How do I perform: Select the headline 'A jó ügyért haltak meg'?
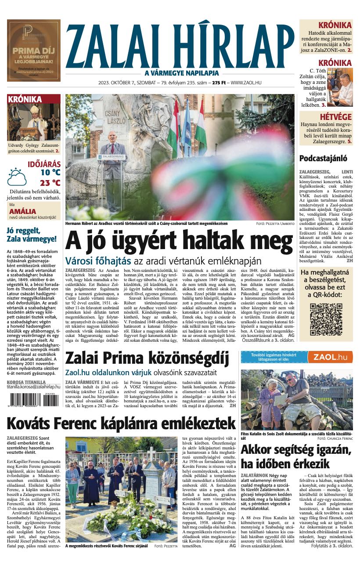click(179, 241)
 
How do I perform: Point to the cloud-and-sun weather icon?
click(17, 177)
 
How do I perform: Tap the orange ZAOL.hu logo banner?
click(330, 357)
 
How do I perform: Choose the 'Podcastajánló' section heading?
click(323, 159)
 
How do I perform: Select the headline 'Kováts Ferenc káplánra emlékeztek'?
click(121, 423)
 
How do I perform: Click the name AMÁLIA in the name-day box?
click(22, 211)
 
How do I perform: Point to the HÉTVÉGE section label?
click(335, 117)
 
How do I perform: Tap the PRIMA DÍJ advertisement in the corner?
click(33, 50)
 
